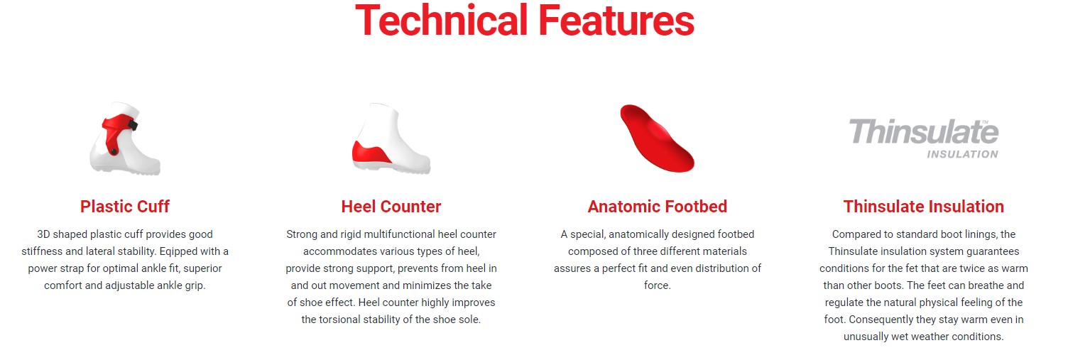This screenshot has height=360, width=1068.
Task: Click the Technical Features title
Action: pyautogui.click(x=525, y=21)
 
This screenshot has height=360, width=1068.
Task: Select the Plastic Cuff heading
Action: pyautogui.click(x=125, y=207)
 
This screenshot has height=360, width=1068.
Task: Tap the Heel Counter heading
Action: pyautogui.click(x=391, y=207)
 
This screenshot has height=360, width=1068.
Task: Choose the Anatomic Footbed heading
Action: pyautogui.click(x=658, y=207)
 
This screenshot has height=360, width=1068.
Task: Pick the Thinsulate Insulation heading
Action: pyautogui.click(x=924, y=207)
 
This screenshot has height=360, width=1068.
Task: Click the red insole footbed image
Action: pyautogui.click(x=657, y=138)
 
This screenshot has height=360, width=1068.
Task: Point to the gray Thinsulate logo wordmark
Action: pyautogui.click(x=924, y=131)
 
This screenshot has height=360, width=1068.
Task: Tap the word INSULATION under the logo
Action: pyautogui.click(x=962, y=154)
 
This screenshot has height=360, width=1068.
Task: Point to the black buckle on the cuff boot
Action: pyautogui.click(x=133, y=126)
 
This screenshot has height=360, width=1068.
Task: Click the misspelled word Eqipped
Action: pyautogui.click(x=178, y=251)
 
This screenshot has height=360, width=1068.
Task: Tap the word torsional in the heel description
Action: pyautogui.click(x=341, y=320)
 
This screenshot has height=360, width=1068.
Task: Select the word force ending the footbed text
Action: pyautogui.click(x=656, y=285)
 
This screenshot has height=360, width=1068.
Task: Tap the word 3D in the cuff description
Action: pyautogui.click(x=43, y=234)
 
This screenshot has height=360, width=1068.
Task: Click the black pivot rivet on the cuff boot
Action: pyautogui.click(x=114, y=152)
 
